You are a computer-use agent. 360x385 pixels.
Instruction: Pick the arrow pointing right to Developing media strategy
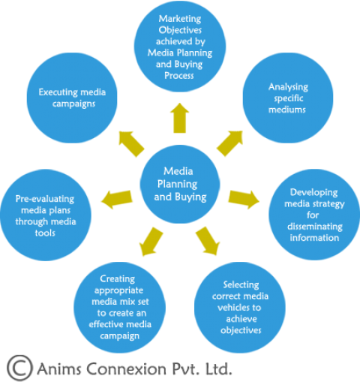pos(244,198)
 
